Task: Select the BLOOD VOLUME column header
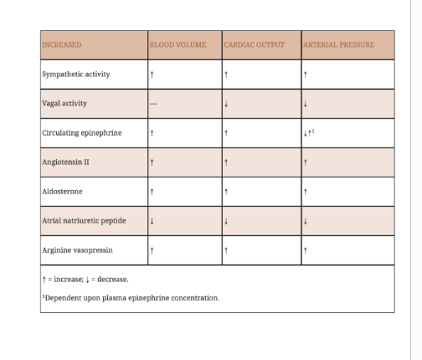[178, 44]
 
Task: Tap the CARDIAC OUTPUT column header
[255, 44]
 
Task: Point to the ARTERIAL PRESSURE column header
[339, 44]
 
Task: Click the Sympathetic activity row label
[76, 74]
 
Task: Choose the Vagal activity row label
[64, 103]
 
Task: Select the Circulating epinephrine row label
[82, 132]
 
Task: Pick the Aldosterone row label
[63, 191]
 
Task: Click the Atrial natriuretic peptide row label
[84, 220]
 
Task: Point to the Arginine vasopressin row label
[77, 249]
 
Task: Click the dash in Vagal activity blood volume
[152, 104]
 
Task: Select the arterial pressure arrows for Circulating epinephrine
[309, 132]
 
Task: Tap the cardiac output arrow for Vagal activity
[226, 104]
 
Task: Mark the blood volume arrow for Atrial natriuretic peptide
[152, 221]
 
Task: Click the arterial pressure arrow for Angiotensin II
[306, 162]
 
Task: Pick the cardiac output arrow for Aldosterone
[226, 192]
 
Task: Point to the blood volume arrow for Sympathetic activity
[152, 75]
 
